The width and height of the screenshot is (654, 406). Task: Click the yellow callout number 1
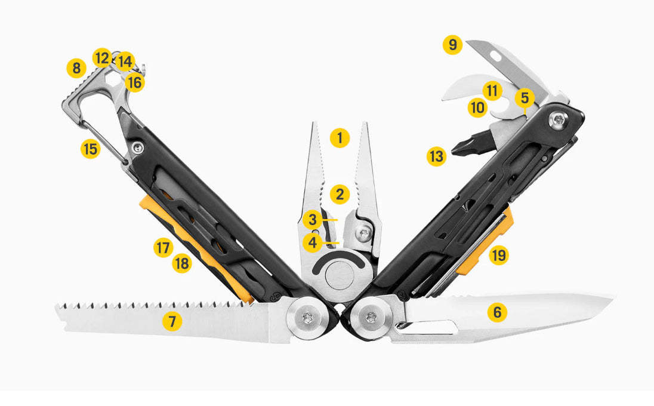[340, 139]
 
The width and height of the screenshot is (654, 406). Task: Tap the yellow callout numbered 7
[172, 322]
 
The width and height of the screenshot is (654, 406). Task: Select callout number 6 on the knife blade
[497, 312]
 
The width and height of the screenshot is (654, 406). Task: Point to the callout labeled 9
[453, 45]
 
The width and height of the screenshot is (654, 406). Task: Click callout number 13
[437, 157]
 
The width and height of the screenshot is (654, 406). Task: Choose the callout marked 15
[90, 149]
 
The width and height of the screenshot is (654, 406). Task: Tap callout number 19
[499, 256]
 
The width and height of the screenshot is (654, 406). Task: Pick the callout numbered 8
[76, 68]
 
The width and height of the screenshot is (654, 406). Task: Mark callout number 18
[182, 263]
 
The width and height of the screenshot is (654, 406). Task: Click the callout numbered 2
[340, 193]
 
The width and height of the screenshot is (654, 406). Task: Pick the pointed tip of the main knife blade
[613, 296]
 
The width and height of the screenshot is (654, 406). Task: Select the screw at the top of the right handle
[559, 121]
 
